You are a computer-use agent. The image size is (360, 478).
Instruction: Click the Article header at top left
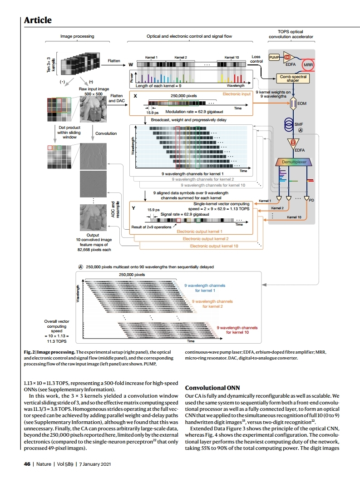coord(38,20)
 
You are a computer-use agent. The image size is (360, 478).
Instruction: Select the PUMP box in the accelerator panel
coord(275,58)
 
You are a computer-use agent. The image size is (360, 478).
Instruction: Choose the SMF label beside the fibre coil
coord(299,124)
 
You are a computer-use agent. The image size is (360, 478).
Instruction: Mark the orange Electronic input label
coord(237,94)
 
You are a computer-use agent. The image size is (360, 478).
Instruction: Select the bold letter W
coord(131,65)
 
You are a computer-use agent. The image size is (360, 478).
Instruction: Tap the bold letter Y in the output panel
coord(133,208)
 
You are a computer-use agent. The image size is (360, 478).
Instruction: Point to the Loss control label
coord(256,59)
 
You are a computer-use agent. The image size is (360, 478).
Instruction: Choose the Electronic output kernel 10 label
coord(213,246)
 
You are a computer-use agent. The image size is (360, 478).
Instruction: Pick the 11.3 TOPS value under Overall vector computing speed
coord(56,340)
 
